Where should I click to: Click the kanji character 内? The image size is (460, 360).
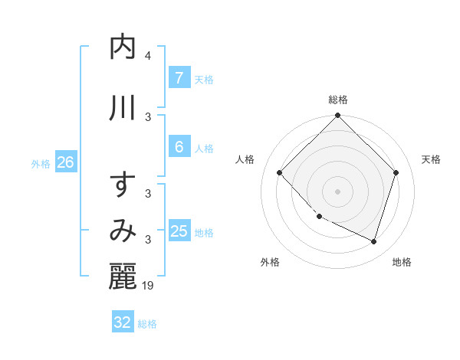pyautogui.click(x=123, y=47)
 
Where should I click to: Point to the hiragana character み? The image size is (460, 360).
pyautogui.click(x=123, y=231)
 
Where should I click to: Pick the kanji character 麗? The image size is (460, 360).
pyautogui.click(x=123, y=277)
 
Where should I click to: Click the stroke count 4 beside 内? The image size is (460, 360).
pyautogui.click(x=148, y=56)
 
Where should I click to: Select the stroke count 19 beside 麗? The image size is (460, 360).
pyautogui.click(x=149, y=286)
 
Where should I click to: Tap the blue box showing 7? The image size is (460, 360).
pyautogui.click(x=179, y=77)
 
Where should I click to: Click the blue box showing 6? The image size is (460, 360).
pyautogui.click(x=179, y=147)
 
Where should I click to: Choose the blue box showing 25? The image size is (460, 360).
pyautogui.click(x=179, y=231)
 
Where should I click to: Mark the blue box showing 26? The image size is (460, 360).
pyautogui.click(x=65, y=162)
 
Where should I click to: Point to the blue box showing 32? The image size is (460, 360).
pyautogui.click(x=123, y=322)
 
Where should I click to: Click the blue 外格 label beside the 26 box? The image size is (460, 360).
pyautogui.click(x=41, y=163)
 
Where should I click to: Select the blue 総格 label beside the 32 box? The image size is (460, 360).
pyautogui.click(x=147, y=324)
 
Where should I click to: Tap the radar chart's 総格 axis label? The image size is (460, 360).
pyautogui.click(x=338, y=100)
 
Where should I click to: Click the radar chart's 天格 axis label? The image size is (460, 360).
pyautogui.click(x=431, y=159)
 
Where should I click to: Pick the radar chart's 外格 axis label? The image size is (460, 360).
pyautogui.click(x=270, y=262)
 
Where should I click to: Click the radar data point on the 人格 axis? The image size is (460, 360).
pyautogui.click(x=280, y=173)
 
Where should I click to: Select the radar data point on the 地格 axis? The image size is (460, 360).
pyautogui.click(x=373, y=241)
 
